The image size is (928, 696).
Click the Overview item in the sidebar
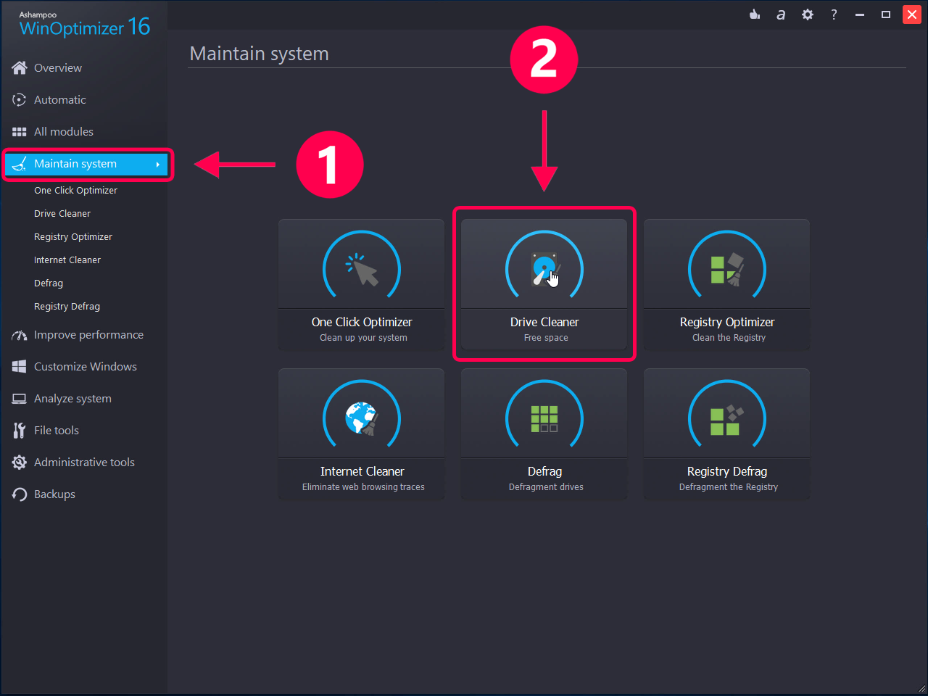click(x=57, y=68)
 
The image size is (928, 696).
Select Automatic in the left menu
click(x=59, y=100)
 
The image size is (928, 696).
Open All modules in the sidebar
click(x=63, y=132)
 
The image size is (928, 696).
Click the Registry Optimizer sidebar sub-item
click(x=73, y=237)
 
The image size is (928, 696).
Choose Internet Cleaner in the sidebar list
click(x=67, y=260)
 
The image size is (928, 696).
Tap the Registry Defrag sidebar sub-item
click(x=67, y=307)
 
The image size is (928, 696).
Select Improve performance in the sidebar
click(x=88, y=335)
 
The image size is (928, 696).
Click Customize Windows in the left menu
click(x=85, y=367)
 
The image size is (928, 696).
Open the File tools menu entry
click(x=56, y=431)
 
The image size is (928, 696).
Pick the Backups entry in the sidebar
click(x=54, y=494)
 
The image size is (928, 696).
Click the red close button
click(x=912, y=14)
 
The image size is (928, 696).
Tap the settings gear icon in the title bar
click(x=808, y=14)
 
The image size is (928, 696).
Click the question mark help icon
click(x=834, y=14)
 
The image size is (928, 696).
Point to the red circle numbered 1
click(x=330, y=165)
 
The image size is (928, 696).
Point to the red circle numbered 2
click(x=544, y=59)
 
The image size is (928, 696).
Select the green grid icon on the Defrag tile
click(x=544, y=418)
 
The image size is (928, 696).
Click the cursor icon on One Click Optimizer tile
click(x=362, y=270)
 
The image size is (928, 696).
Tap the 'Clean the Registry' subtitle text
click(x=729, y=338)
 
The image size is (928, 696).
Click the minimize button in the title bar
click(x=860, y=14)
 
